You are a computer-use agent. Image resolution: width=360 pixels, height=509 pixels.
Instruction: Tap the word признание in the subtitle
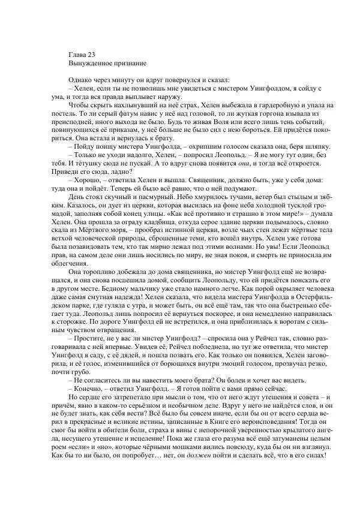131,62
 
